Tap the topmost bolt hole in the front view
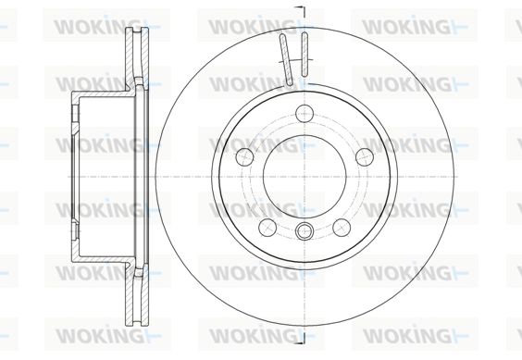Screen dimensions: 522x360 (304, 113)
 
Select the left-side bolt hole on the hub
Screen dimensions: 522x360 (244, 156)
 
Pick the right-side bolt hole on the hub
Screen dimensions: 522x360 (365, 156)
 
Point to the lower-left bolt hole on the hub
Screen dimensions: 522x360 (267, 228)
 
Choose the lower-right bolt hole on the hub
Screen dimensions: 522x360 (342, 228)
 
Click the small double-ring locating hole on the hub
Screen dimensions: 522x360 (304, 230)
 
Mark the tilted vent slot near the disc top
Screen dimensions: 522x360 (286, 59)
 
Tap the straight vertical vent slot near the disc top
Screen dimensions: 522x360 (304, 54)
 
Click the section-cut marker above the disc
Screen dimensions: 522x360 (301, 11)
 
